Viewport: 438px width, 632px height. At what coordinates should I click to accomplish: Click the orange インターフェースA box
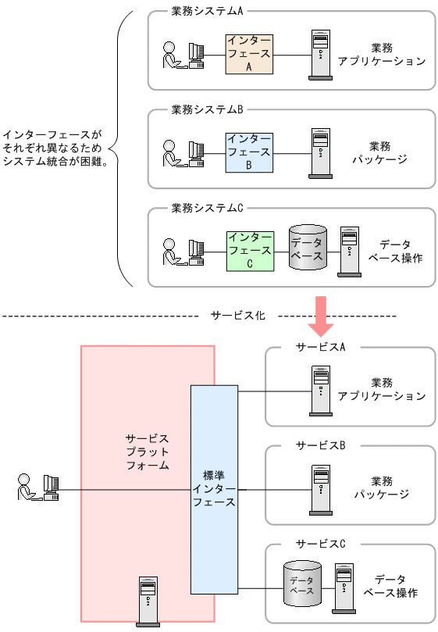(x=249, y=54)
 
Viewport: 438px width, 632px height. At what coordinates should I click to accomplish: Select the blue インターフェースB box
(x=249, y=152)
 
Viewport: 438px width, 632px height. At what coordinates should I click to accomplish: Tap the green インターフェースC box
(x=250, y=251)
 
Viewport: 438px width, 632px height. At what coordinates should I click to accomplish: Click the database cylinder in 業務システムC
(x=308, y=248)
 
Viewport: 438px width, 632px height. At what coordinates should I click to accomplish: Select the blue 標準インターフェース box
(x=214, y=489)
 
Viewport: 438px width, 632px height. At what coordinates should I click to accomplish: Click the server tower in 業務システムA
(x=320, y=55)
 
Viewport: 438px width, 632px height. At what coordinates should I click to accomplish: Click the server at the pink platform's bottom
(x=148, y=602)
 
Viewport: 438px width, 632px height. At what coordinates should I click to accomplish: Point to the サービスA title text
(x=320, y=347)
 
